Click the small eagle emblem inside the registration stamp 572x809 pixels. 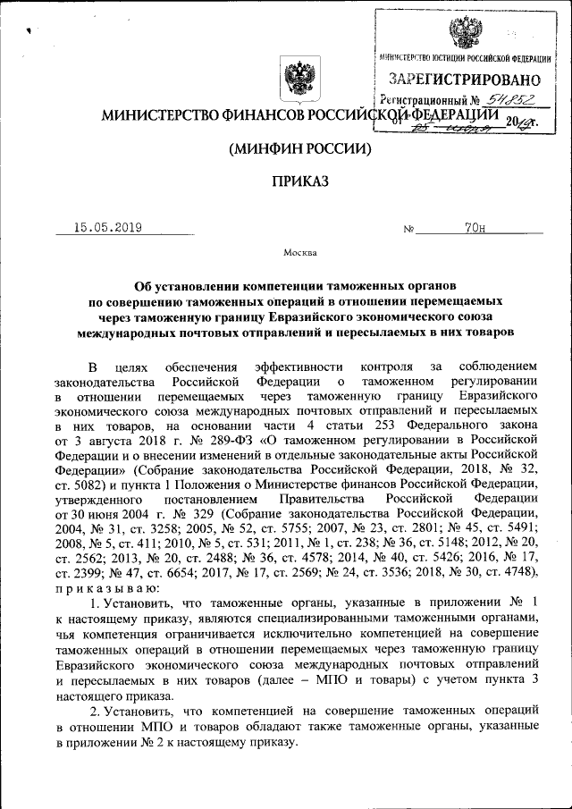463,33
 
